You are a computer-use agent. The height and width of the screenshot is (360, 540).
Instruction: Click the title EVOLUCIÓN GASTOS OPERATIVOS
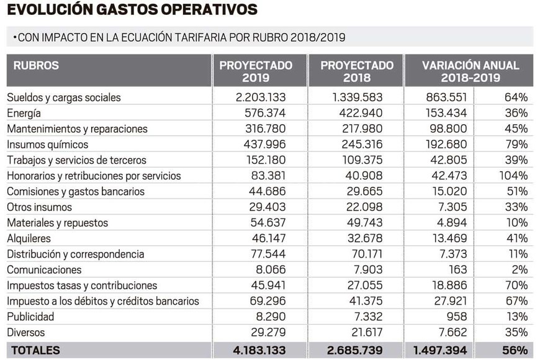[x=132, y=10]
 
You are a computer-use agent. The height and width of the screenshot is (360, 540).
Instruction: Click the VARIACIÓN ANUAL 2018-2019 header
[x=470, y=71]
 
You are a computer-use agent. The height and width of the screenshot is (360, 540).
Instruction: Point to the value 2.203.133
[x=260, y=97]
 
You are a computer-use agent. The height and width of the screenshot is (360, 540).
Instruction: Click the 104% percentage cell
[x=514, y=176]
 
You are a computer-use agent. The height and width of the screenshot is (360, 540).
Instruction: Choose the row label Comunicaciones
[x=44, y=270]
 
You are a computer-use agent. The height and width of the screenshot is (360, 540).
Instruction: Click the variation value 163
[x=458, y=270]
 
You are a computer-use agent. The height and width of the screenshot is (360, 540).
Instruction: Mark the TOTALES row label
[x=36, y=350]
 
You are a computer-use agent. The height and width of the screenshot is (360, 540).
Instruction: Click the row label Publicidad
[x=30, y=317]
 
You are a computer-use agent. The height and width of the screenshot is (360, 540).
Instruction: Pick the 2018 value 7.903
[x=366, y=270]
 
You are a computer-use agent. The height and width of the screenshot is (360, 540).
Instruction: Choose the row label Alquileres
[x=29, y=238]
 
